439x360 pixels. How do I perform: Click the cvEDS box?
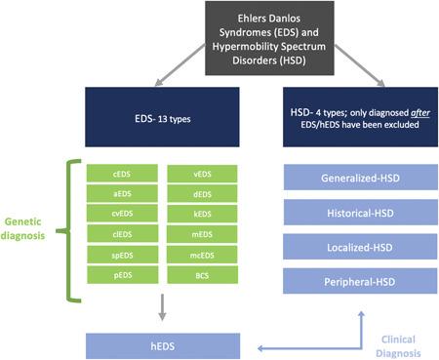122,215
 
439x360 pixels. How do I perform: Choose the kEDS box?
203,215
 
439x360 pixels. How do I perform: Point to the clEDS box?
122,235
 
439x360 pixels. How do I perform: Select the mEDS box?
203,235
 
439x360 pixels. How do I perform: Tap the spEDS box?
122,256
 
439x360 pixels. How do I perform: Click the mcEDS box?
203,256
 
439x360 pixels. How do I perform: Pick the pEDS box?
122,276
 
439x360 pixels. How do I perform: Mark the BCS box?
203,276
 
